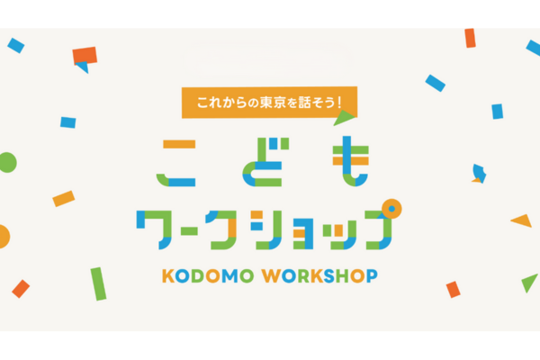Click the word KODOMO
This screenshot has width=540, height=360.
208,276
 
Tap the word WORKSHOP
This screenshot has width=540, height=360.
319,276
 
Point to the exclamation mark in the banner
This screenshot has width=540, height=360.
339,103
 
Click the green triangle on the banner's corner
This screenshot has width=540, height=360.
344,118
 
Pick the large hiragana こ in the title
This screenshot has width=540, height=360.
176,163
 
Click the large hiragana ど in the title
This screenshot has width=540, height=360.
266,162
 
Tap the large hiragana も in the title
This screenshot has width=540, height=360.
351,161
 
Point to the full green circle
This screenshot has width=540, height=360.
7,162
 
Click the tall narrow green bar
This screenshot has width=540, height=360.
98,283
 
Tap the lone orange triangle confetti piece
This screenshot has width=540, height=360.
522,220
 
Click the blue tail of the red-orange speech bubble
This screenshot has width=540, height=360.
84,67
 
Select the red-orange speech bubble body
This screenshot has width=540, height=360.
85,55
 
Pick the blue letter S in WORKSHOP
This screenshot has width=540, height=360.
329,276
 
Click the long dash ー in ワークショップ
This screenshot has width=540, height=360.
187,231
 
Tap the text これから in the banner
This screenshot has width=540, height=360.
222,103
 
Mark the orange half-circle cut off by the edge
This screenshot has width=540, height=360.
4,237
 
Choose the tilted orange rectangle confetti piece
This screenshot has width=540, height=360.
64,199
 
